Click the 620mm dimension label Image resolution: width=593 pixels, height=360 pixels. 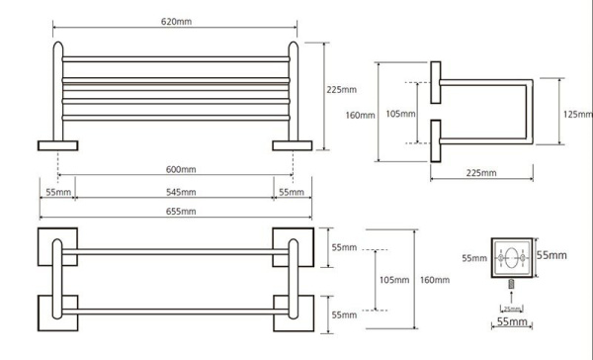click(x=176, y=22)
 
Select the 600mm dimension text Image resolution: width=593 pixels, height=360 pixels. click(x=181, y=169)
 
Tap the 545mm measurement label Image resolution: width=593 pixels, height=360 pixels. click(x=181, y=192)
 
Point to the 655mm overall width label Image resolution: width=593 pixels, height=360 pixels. click(x=181, y=212)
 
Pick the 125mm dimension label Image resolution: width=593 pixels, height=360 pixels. click(x=577, y=114)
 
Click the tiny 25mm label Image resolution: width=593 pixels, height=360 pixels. click(x=512, y=309)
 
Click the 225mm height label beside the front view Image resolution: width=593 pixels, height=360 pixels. click(x=342, y=90)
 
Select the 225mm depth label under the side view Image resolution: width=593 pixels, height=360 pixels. click(x=481, y=173)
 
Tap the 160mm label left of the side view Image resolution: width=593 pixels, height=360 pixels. click(x=360, y=115)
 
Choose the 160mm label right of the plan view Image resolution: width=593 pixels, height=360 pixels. click(x=435, y=280)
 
